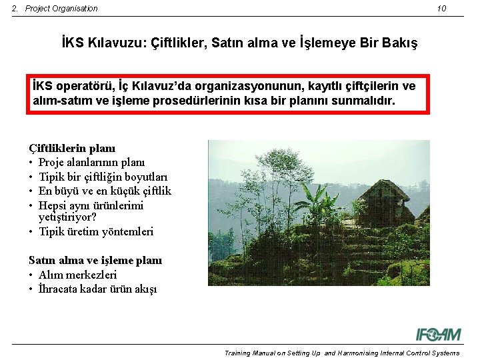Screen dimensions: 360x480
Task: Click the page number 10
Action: [x=441, y=9]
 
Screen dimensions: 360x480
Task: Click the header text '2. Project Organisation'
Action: [x=55, y=9]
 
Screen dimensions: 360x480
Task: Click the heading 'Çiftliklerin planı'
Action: [x=72, y=148]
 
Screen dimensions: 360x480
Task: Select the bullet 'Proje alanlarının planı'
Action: [x=91, y=162]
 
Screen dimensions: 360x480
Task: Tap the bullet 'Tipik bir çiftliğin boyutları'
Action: [x=103, y=177]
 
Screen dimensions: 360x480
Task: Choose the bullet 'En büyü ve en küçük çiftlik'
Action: [x=105, y=191]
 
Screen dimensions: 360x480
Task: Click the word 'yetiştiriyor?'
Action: [x=67, y=217]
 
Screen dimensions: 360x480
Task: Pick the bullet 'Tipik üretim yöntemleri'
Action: [x=96, y=231]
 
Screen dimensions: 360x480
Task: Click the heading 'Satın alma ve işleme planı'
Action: [x=95, y=260]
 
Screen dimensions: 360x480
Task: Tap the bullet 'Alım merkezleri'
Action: [x=77, y=275]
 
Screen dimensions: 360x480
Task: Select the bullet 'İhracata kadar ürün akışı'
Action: [x=97, y=289]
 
